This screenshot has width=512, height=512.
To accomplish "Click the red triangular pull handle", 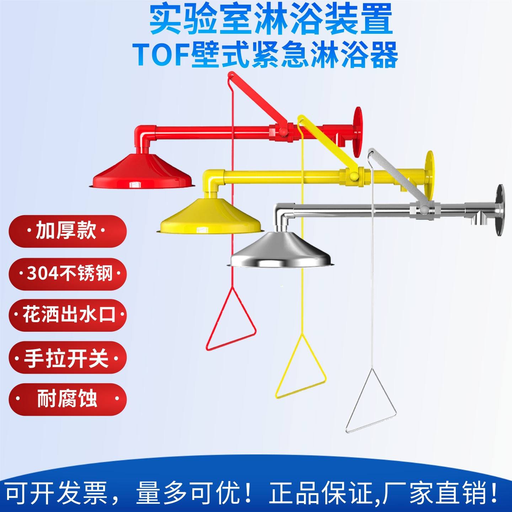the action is [231, 320].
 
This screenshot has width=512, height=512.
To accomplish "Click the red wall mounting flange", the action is [358, 132].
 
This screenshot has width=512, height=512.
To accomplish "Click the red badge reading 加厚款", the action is [68, 231].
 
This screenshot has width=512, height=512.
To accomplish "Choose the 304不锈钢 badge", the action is [68, 274].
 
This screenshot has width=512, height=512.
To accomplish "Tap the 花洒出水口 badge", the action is [68, 315].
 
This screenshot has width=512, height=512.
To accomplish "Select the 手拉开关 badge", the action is [68, 357].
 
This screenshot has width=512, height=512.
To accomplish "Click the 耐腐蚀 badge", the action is [68, 399].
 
